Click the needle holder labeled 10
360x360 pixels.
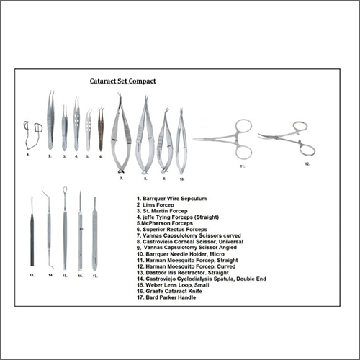[181, 144]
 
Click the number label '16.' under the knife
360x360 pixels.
[79, 275]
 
